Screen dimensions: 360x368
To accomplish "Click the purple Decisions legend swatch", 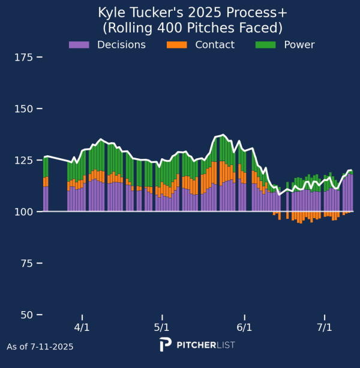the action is [x=79, y=44].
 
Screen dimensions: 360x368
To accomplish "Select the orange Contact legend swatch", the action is [x=177, y=44].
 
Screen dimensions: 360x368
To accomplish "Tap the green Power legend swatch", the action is [x=266, y=44].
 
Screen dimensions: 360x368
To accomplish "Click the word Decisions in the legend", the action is [x=121, y=44].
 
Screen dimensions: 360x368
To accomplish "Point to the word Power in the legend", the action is [x=299, y=44].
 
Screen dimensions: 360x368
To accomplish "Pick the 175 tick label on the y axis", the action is [x=23, y=58].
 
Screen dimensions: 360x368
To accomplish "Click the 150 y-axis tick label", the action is [x=23, y=109].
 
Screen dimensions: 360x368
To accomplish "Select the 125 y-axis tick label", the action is [x=23, y=161].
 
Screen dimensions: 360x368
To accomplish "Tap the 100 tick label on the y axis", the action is [x=23, y=212].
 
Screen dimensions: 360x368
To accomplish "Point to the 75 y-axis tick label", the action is [x=26, y=264].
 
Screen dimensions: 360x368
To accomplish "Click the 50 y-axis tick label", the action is [x=26, y=315].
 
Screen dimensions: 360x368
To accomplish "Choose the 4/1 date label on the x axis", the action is [x=82, y=327].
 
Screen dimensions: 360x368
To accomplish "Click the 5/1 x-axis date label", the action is [x=161, y=327].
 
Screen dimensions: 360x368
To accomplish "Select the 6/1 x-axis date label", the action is [x=244, y=327].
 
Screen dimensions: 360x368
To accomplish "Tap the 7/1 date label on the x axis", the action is [x=325, y=327].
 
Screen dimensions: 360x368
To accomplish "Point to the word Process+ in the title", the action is [x=257, y=13].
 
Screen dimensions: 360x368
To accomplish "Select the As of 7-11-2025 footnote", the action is [x=40, y=346].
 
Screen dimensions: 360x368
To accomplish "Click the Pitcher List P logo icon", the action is [x=166, y=345].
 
